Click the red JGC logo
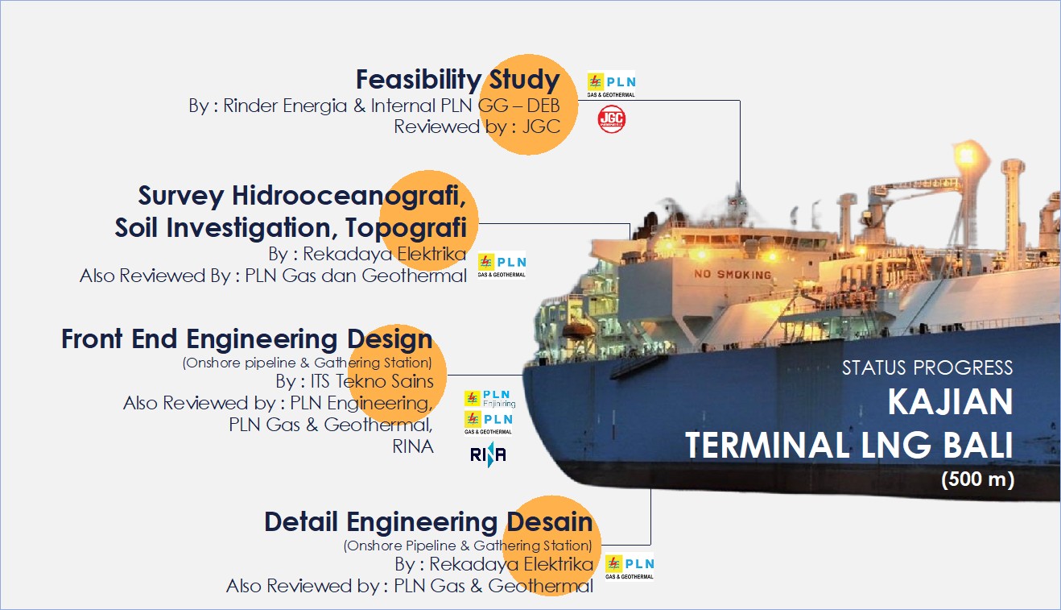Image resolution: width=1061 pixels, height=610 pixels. [611, 119]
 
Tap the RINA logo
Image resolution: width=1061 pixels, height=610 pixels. [488, 454]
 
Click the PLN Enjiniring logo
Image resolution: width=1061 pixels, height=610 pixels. [489, 399]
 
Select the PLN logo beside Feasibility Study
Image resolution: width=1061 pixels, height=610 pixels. [611, 85]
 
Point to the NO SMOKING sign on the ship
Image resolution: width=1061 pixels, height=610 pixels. [733, 275]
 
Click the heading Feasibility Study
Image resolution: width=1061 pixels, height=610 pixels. [457, 79]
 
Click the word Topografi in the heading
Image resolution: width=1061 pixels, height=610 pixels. [406, 227]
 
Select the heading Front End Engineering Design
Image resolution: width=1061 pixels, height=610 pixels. [247, 339]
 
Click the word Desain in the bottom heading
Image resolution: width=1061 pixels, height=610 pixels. [550, 522]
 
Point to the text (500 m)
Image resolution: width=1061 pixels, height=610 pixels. [977, 479]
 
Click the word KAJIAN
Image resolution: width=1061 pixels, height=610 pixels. [950, 402]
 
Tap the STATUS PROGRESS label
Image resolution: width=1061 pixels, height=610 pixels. [927, 367]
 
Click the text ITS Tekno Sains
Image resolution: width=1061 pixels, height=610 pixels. [372, 381]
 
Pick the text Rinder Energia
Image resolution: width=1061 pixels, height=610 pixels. [285, 106]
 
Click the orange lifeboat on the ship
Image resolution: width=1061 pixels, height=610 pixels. [576, 330]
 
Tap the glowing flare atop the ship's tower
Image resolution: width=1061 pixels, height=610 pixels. [965, 155]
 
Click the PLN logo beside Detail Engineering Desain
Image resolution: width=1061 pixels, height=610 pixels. [630, 566]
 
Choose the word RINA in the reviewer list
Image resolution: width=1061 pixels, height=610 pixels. [412, 446]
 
